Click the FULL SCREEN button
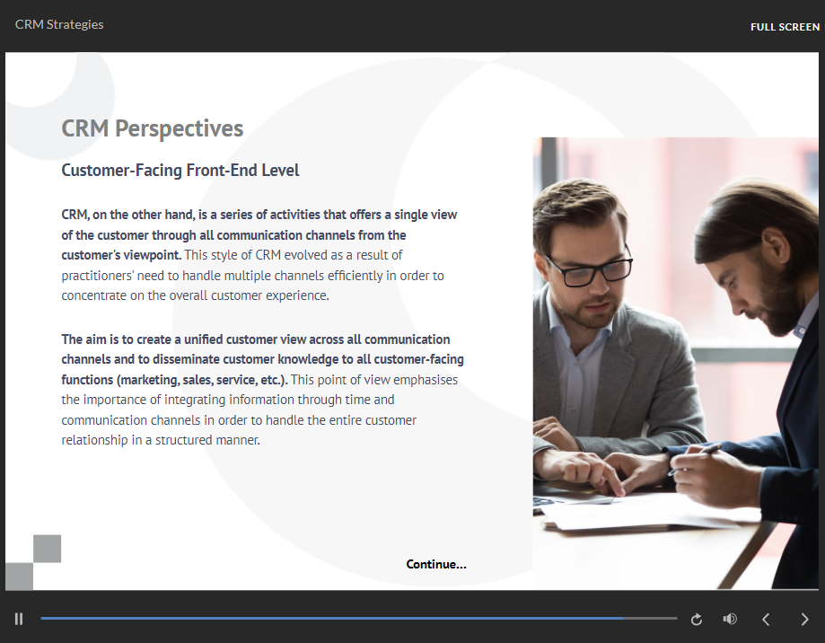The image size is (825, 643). pyautogui.click(x=785, y=27)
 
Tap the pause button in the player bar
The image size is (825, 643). pyautogui.click(x=19, y=619)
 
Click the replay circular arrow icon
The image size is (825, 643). pyautogui.click(x=696, y=620)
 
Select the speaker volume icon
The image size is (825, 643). pyautogui.click(x=730, y=619)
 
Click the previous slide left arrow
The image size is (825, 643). pyautogui.click(x=766, y=620)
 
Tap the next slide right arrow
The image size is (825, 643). pyautogui.click(x=804, y=620)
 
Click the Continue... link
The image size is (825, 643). pyautogui.click(x=436, y=564)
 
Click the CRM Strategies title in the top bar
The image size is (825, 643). pyautogui.click(x=59, y=24)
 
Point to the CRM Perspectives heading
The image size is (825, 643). pyautogui.click(x=153, y=128)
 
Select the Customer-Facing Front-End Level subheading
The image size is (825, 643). pyautogui.click(x=180, y=170)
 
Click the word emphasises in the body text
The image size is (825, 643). pyautogui.click(x=426, y=380)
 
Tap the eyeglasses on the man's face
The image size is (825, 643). pyautogui.click(x=588, y=269)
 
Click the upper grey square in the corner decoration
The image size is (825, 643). pyautogui.click(x=47, y=549)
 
